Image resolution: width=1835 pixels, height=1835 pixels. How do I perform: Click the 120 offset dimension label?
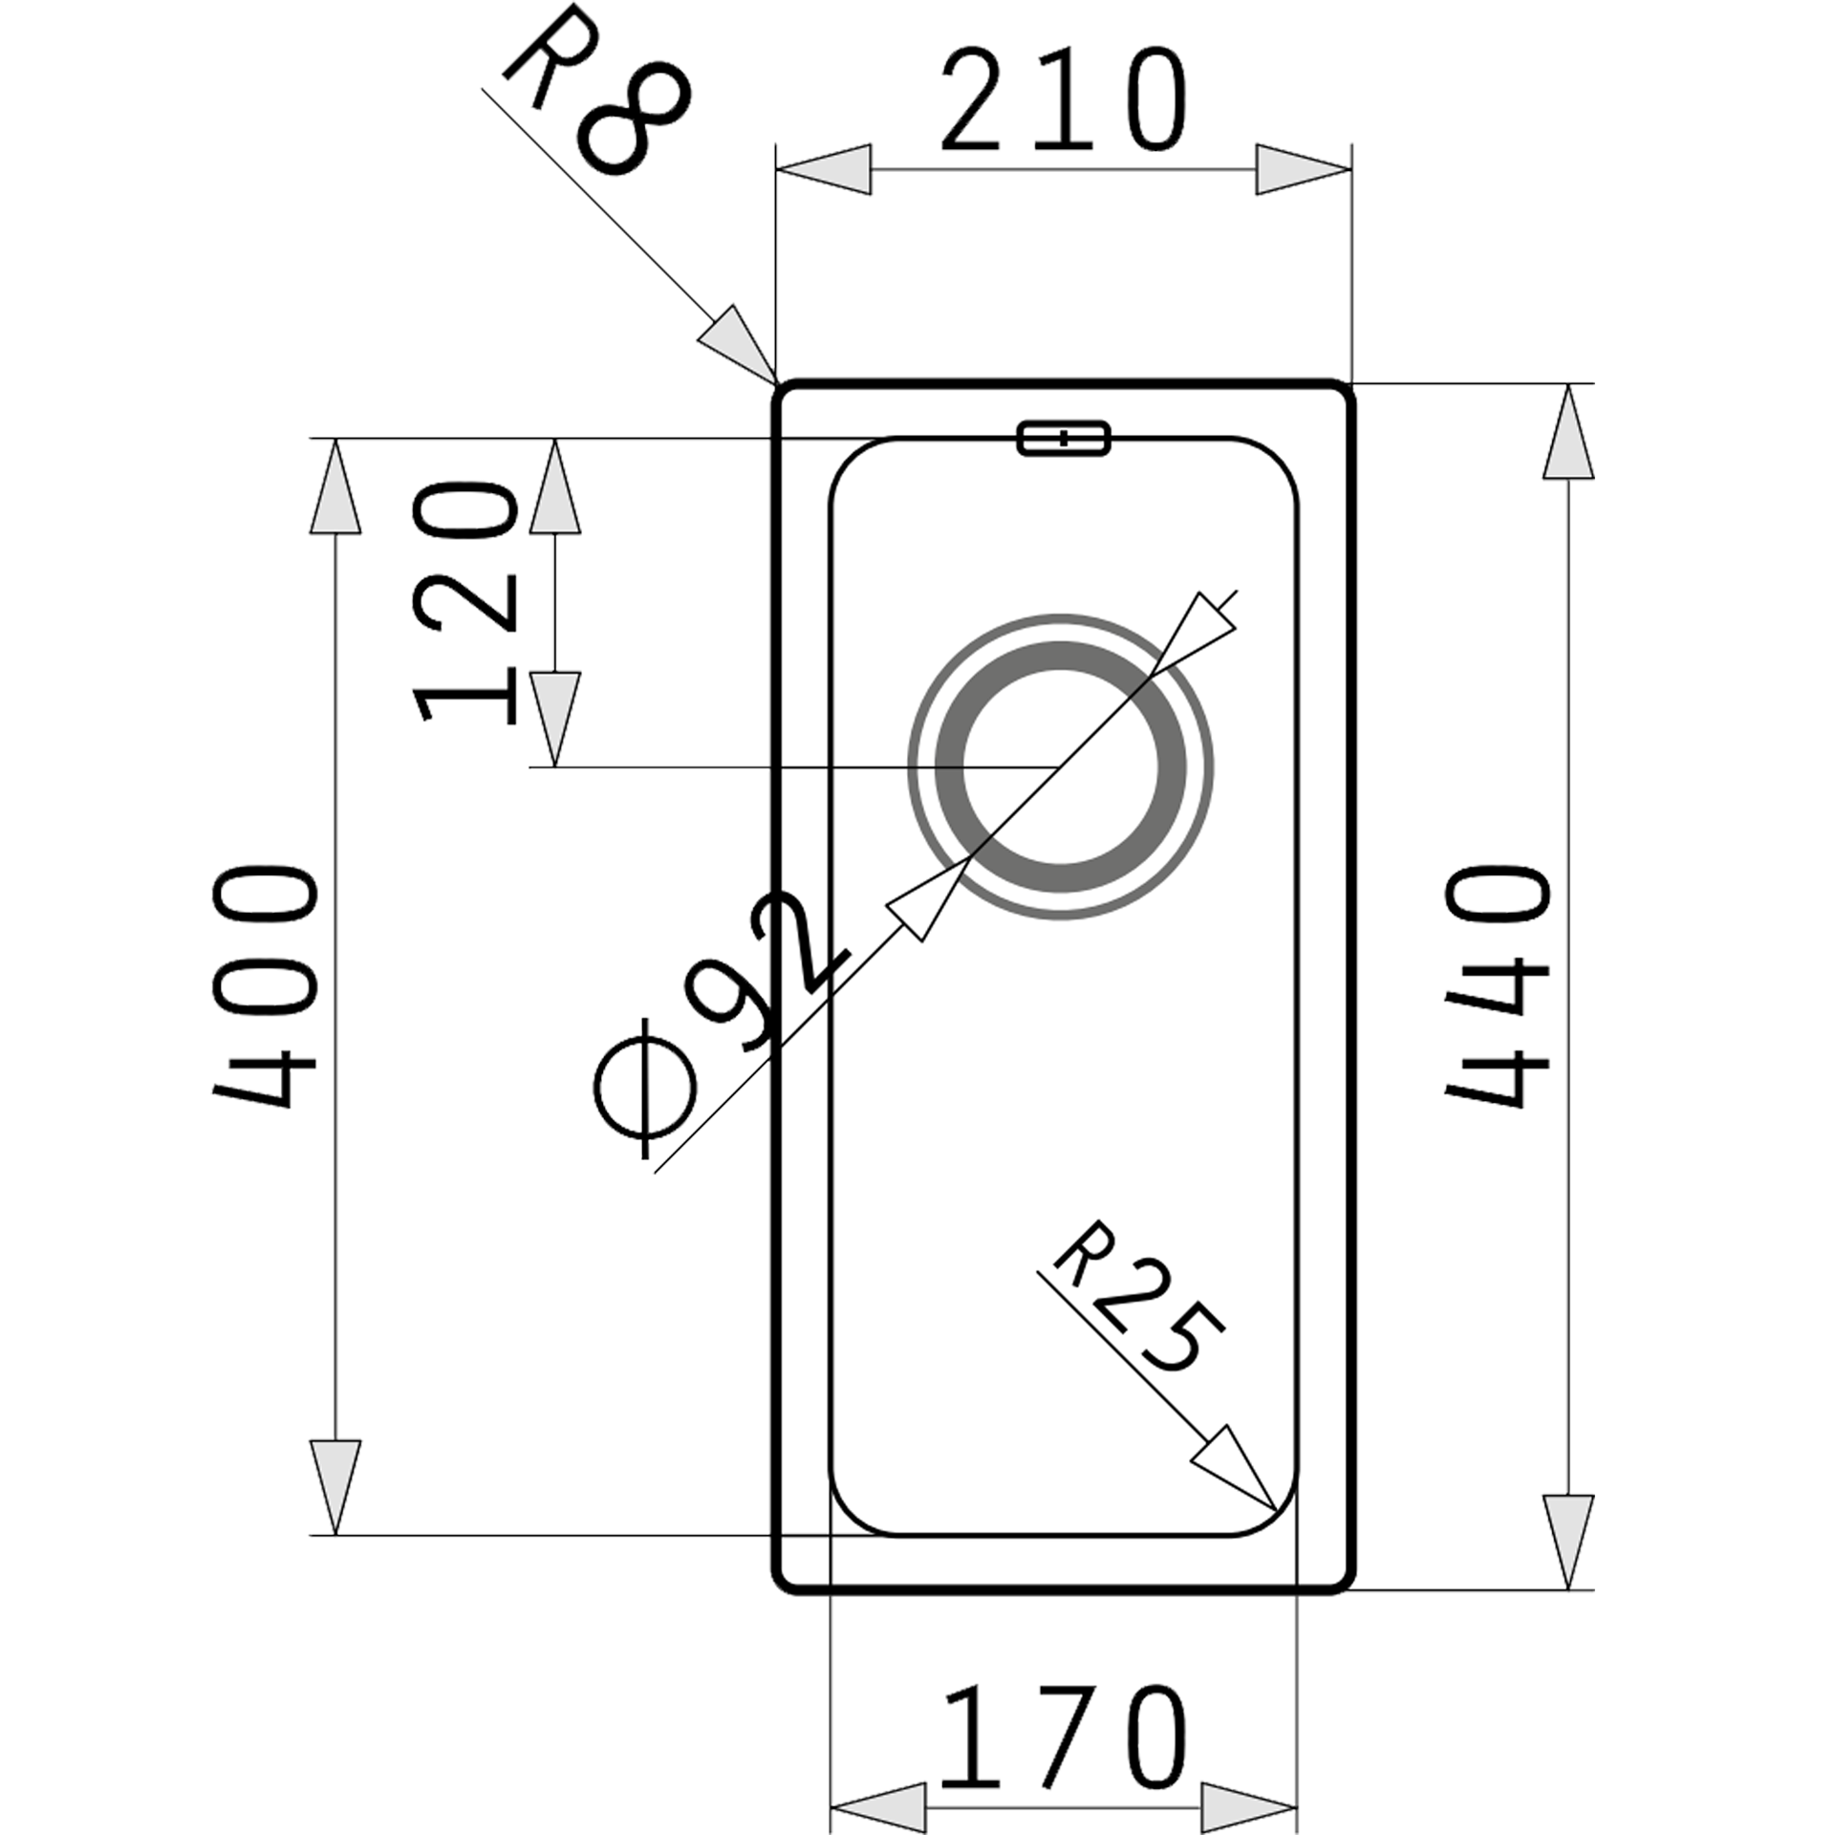(x=465, y=602)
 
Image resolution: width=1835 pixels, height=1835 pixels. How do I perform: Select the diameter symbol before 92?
(x=645, y=1090)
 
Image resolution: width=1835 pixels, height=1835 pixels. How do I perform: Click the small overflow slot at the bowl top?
(x=1064, y=438)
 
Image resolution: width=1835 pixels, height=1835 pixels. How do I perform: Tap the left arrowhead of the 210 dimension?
(x=823, y=170)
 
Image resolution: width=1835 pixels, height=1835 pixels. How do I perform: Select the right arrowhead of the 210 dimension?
(x=1303, y=170)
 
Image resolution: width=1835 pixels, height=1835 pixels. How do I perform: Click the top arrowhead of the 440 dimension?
(x=1568, y=431)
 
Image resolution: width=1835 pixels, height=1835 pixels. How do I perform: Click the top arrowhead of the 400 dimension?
(x=335, y=486)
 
